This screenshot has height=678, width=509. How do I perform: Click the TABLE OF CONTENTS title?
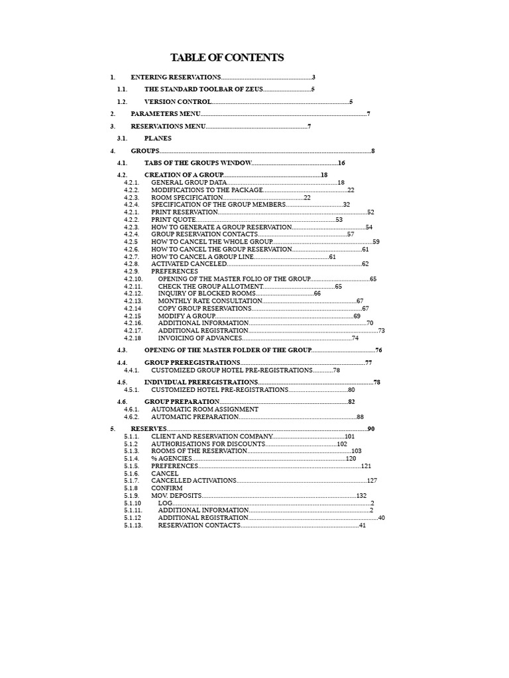click(x=227, y=58)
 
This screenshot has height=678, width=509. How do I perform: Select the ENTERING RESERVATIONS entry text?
click(x=176, y=77)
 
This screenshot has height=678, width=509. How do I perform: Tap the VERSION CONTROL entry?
click(x=178, y=102)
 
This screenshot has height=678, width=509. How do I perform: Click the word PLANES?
click(x=158, y=138)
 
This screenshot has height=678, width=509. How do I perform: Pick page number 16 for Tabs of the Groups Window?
click(x=342, y=163)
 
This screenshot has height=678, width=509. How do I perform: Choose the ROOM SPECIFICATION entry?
click(x=187, y=197)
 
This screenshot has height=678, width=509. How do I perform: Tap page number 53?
click(x=339, y=219)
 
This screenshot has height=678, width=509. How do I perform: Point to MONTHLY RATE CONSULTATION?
click(x=205, y=301)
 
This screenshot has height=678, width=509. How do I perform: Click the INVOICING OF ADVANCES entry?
click(x=200, y=338)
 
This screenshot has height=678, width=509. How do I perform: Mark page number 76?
click(x=378, y=350)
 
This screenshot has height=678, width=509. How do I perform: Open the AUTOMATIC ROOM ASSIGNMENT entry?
click(x=205, y=409)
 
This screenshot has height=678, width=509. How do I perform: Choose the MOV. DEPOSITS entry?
click(x=176, y=495)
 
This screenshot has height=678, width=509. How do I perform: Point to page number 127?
click(x=372, y=481)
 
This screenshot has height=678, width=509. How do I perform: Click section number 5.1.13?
click(x=133, y=525)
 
